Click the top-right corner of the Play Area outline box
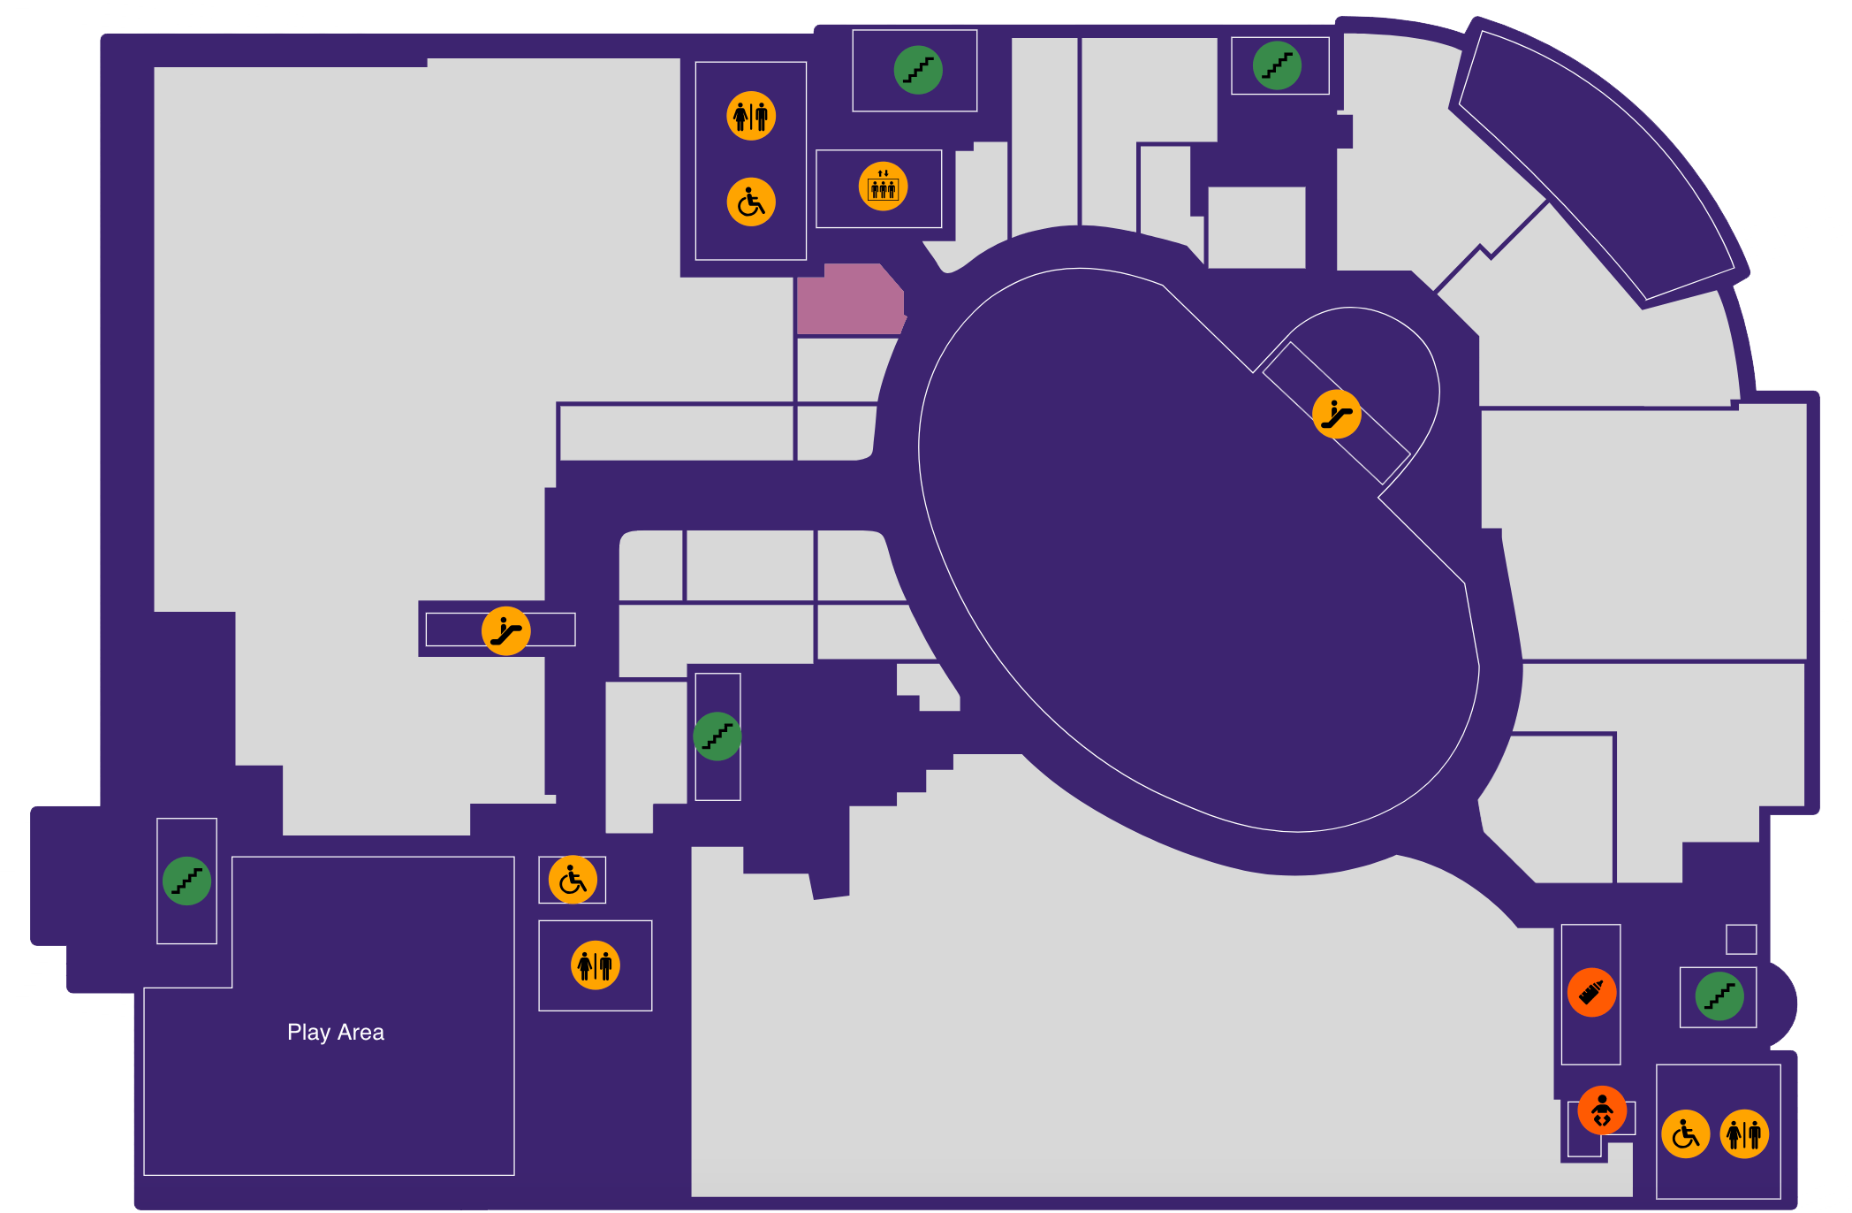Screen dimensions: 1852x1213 pyautogui.click(x=514, y=857)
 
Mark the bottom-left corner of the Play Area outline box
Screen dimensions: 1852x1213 pyautogui.click(x=144, y=1175)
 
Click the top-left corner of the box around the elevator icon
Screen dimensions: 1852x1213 pyautogui.click(x=816, y=150)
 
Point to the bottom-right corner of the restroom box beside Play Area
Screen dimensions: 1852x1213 pyautogui.click(x=652, y=1011)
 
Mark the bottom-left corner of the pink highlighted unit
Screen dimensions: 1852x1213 pyautogui.click(x=797, y=334)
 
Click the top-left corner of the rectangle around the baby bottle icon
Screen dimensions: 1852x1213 pyautogui.click(x=1562, y=925)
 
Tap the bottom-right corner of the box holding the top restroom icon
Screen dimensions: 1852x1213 pyautogui.click(x=806, y=259)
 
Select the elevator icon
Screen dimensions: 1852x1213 pyautogui.click(x=883, y=187)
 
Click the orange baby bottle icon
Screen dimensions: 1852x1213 pyautogui.click(x=1591, y=992)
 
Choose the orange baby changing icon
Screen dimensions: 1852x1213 pyautogui.click(x=1602, y=1110)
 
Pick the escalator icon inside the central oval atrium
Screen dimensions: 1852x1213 pyautogui.click(x=1336, y=414)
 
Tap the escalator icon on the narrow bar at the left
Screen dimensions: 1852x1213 pyautogui.click(x=505, y=630)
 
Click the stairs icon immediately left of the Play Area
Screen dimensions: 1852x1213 pyautogui.click(x=186, y=881)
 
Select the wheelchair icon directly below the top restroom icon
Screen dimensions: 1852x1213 pyautogui.click(x=751, y=202)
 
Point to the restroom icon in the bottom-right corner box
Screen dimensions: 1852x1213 pyautogui.click(x=1744, y=1133)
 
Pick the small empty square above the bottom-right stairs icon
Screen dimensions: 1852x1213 pyautogui.click(x=1741, y=939)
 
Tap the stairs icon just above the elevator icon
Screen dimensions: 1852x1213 pyautogui.click(x=918, y=70)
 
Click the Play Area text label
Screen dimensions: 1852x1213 pyautogui.click(x=336, y=1032)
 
